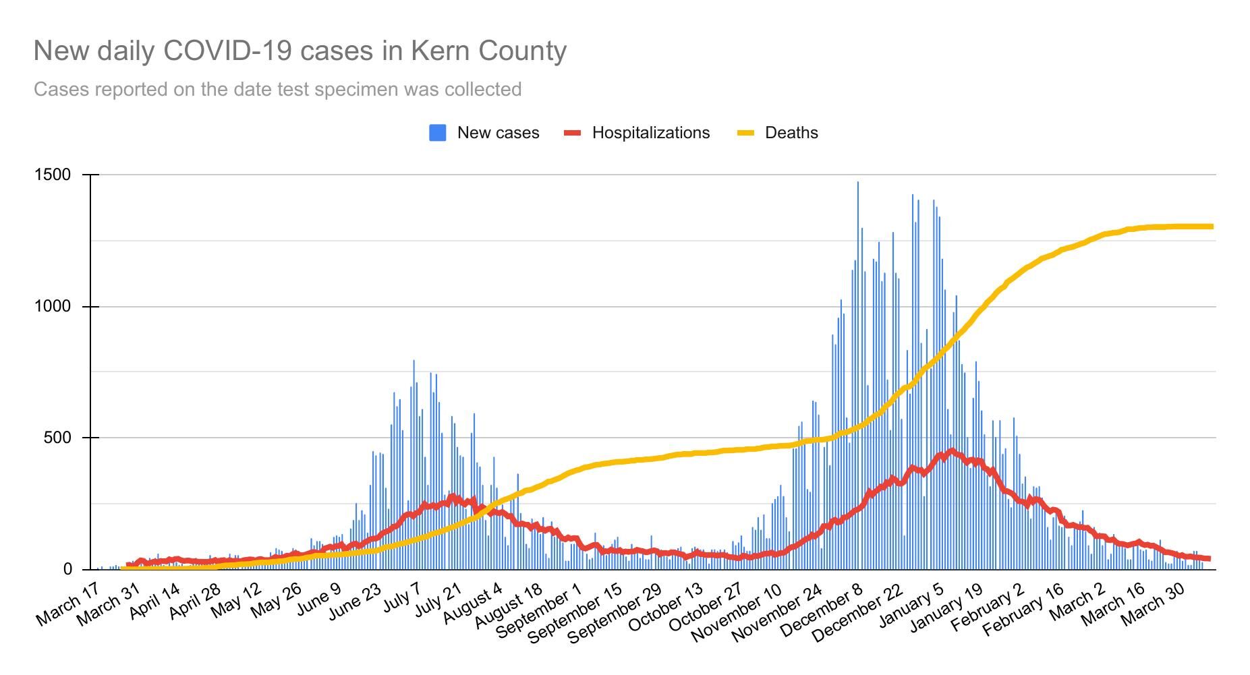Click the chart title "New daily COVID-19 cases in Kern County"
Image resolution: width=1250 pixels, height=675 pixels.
(x=300, y=51)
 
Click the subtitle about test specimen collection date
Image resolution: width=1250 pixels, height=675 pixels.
(x=277, y=89)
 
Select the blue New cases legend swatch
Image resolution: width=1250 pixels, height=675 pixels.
(x=437, y=133)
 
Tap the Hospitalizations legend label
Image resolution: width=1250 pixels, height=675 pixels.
(x=650, y=133)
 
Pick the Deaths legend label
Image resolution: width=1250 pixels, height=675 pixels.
(x=791, y=133)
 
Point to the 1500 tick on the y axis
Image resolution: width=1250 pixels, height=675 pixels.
(x=53, y=175)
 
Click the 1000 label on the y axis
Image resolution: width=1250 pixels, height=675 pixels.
(x=53, y=306)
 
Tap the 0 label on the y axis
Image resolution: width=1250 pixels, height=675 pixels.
(x=67, y=569)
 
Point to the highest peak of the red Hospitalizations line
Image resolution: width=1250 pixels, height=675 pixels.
(x=952, y=450)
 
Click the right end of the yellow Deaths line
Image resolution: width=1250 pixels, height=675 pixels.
(x=1212, y=227)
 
